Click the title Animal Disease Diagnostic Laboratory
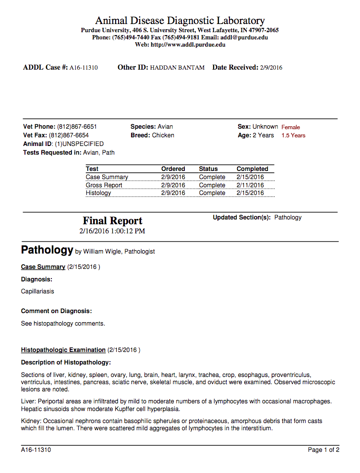click(180, 21)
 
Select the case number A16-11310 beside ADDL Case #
click(84, 68)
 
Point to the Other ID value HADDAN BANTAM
click(177, 68)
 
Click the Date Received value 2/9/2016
click(271, 68)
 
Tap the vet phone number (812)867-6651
click(77, 127)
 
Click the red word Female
click(290, 127)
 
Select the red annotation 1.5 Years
click(293, 135)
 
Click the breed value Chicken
click(163, 135)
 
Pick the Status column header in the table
click(208, 169)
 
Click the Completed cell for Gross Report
click(250, 185)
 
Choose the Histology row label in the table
click(98, 193)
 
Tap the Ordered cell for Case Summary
click(173, 177)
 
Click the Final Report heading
click(112, 221)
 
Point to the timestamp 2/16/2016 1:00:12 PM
click(112, 231)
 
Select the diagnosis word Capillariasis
click(37, 291)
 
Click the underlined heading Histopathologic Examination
click(63, 350)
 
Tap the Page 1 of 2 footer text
click(324, 450)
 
